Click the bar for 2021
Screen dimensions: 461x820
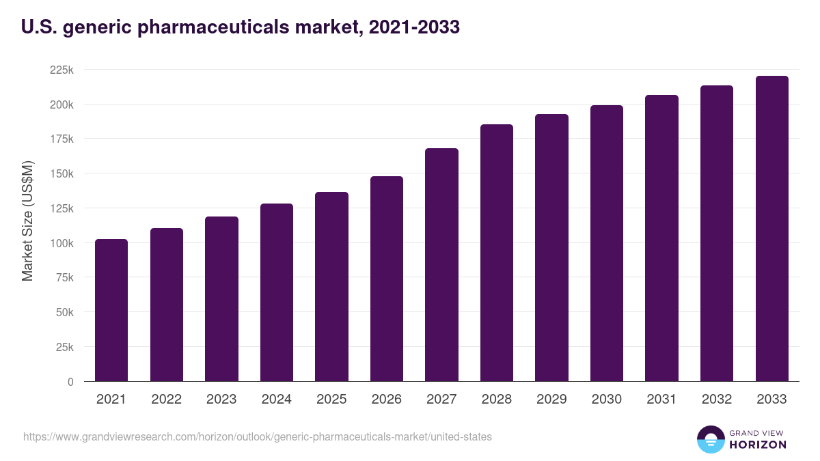[111, 310]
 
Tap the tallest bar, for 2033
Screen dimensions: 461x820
[771, 229]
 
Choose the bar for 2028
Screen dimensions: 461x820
[497, 253]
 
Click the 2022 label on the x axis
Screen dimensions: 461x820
[166, 400]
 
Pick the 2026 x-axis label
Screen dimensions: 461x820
[387, 400]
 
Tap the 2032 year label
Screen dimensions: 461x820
[717, 400]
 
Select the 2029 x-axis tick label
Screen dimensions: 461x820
[551, 400]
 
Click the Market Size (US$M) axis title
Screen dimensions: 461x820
[27, 220]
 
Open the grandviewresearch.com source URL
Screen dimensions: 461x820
[257, 436]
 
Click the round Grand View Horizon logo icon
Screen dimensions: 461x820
[710, 439]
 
